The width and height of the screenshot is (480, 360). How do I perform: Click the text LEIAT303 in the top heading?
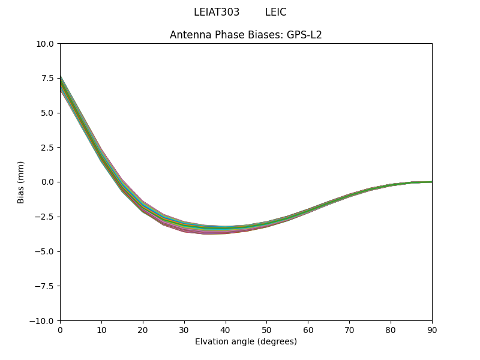point(217,12)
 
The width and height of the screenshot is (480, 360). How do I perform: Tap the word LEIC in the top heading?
point(275,12)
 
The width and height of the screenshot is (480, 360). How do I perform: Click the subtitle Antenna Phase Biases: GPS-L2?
point(246,35)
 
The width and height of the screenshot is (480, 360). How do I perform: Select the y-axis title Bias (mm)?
point(21,182)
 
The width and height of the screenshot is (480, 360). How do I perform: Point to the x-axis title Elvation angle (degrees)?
point(246,341)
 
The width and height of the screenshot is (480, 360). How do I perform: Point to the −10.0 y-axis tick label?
point(44,321)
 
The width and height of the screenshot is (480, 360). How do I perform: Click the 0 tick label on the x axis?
point(60,330)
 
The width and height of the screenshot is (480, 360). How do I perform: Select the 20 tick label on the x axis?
point(143,330)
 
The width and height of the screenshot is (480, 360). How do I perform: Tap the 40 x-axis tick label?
point(226,330)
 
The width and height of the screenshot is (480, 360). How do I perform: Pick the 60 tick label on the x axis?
point(308,330)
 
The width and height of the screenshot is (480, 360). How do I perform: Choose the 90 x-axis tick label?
point(432,330)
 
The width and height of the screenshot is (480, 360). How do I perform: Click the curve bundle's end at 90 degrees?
point(431,182)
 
